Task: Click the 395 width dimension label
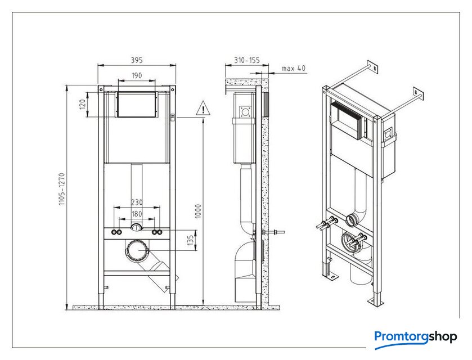(136, 60)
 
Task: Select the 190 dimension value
(137, 75)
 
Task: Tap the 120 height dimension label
(83, 104)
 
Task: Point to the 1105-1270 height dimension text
(62, 189)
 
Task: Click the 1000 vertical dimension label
(198, 211)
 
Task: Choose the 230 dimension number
(137, 202)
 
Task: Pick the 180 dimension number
(137, 214)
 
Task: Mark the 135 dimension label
(191, 241)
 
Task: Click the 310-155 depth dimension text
(247, 61)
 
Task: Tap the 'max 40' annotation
(294, 68)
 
